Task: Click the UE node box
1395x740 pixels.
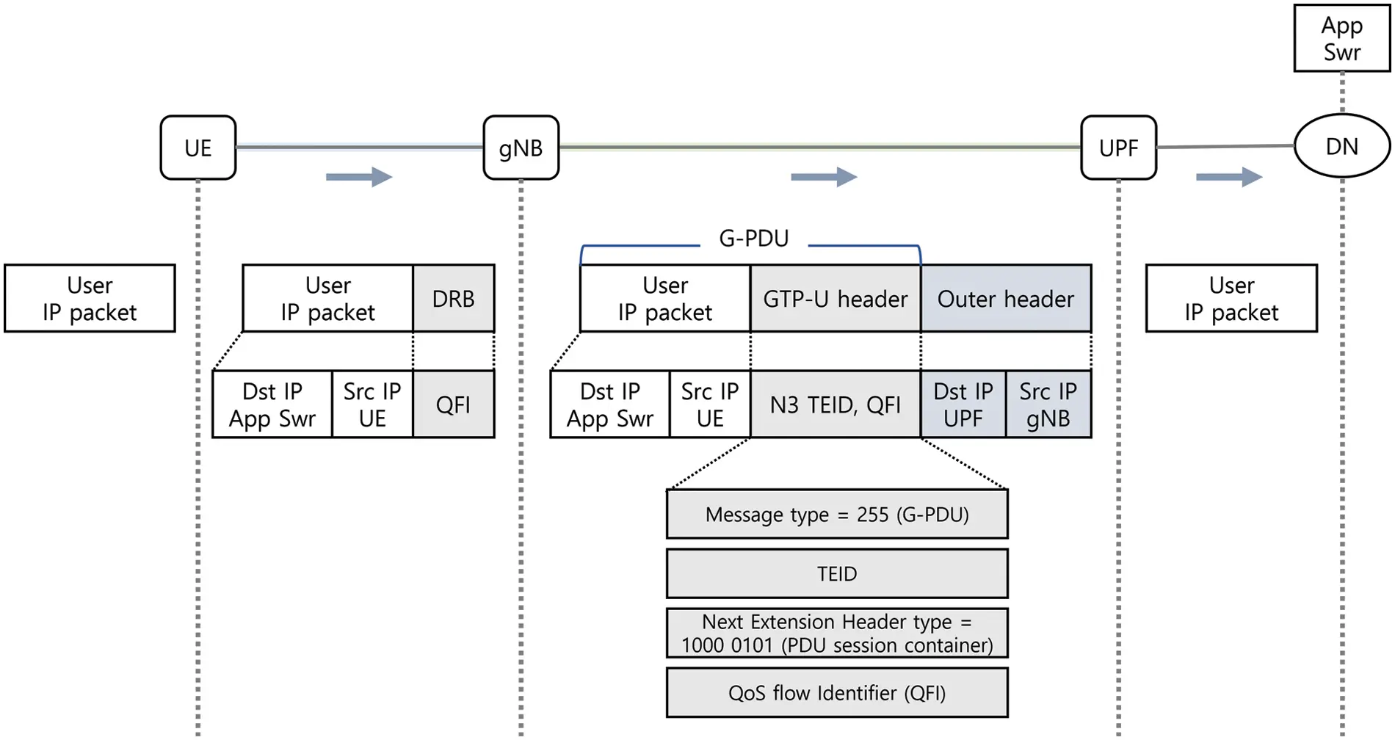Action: (198, 148)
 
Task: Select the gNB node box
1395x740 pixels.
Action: (521, 148)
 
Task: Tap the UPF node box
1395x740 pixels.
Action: (1118, 148)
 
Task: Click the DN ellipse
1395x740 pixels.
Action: (1341, 146)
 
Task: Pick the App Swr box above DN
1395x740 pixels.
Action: (1341, 38)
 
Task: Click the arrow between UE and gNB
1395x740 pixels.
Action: (359, 177)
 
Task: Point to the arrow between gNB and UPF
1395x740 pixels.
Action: (824, 177)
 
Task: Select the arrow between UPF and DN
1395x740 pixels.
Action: (1229, 177)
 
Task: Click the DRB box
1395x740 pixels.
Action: (454, 299)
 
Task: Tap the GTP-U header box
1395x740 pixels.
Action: (835, 299)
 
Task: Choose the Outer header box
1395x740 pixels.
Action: (1005, 299)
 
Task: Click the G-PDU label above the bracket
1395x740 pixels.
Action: (753, 239)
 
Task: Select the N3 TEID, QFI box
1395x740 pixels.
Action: (835, 405)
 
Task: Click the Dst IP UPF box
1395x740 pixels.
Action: (963, 405)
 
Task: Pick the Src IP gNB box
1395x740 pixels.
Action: (1048, 405)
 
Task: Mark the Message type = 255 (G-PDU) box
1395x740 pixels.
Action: (837, 514)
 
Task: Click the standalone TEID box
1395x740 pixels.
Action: (837, 573)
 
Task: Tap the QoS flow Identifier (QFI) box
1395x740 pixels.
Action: (837, 692)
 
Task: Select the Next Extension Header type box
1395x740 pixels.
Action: (837, 633)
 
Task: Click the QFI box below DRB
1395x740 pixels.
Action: (454, 405)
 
